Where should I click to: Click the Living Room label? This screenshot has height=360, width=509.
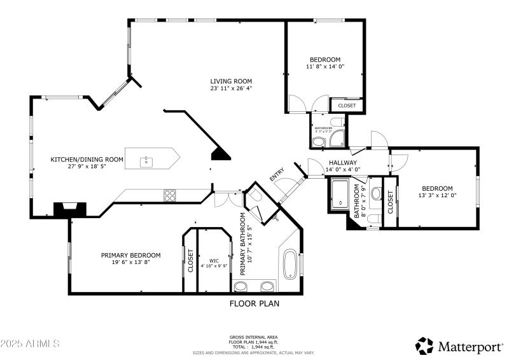tap(232, 81)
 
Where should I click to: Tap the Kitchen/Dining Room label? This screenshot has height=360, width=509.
tap(87, 159)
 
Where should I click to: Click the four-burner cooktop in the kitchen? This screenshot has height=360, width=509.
tap(170, 195)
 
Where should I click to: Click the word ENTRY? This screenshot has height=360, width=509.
tap(277, 175)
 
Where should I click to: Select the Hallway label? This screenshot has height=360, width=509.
tap(343, 162)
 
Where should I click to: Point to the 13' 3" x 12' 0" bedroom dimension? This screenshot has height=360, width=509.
tap(437, 196)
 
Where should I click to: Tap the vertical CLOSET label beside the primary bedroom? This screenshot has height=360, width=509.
tap(190, 261)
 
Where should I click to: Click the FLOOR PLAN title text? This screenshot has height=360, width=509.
tap(254, 303)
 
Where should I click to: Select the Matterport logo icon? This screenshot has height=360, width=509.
tap(424, 345)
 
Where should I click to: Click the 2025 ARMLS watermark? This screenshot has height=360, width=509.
tap(30, 343)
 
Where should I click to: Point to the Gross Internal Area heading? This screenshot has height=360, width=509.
tap(253, 337)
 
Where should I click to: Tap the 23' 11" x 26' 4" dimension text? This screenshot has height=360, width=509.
tap(232, 88)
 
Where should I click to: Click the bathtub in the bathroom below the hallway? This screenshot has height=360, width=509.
tap(340, 194)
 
